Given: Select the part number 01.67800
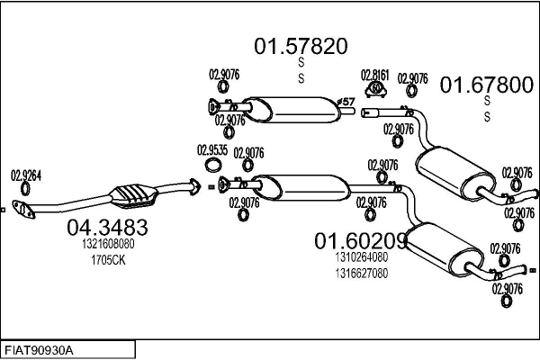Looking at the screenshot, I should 486,85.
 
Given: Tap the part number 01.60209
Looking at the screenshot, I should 360,241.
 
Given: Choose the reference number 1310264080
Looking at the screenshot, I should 360,257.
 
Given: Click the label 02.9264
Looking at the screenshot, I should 26,175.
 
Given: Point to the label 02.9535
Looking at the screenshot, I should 212,150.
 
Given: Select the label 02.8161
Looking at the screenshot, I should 375,75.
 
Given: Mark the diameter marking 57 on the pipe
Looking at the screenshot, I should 346,103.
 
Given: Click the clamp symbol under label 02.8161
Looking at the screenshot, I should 375,89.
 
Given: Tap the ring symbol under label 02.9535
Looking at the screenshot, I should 212,165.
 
